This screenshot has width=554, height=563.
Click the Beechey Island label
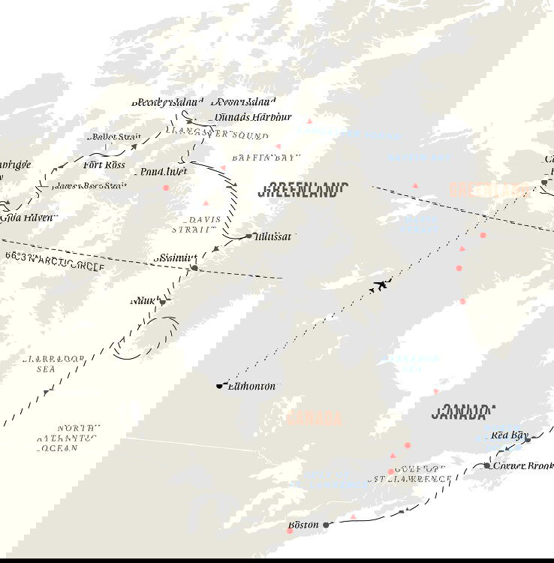[166, 102]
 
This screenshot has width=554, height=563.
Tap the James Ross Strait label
[90, 185]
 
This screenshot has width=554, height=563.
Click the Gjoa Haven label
[32, 218]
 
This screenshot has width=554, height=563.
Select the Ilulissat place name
[274, 236]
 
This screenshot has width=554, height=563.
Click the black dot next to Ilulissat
[249, 236]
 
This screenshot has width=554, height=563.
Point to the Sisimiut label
[173, 257]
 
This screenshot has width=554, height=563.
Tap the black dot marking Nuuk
[162, 302]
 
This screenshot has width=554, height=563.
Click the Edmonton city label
[251, 387]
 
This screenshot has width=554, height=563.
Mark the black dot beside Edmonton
[220, 386]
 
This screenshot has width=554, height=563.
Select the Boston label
[304, 525]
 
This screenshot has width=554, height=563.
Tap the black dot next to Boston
[326, 525]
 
